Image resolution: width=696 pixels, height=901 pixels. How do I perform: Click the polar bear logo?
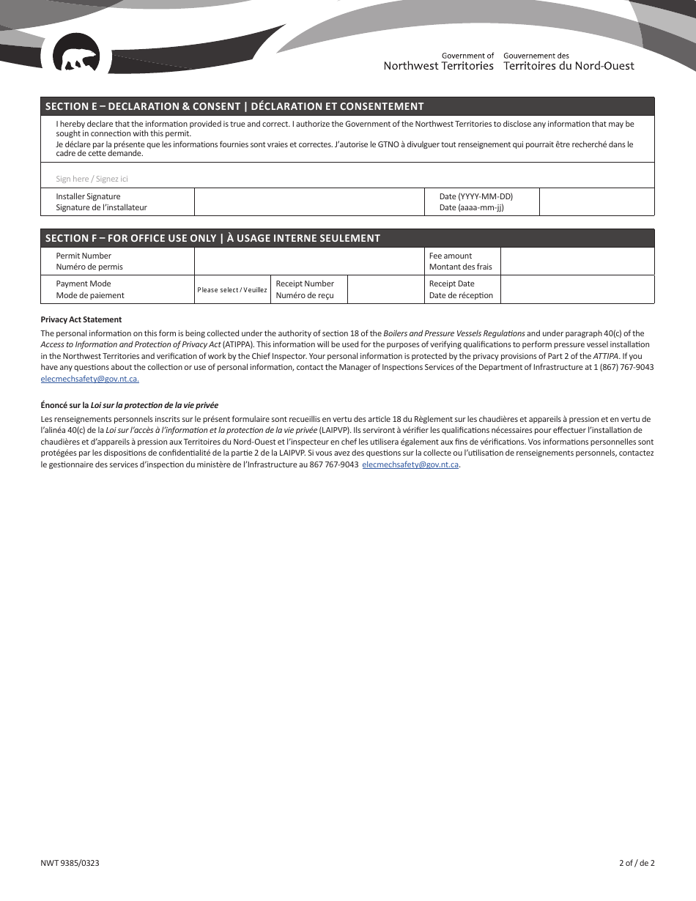click(76, 59)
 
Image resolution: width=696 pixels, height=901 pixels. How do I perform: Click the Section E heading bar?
click(347, 106)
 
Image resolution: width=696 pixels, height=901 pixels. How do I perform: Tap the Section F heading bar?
click(347, 238)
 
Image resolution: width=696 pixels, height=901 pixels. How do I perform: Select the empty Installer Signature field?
click(309, 202)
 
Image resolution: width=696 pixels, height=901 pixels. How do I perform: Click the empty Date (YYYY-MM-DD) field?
click(596, 202)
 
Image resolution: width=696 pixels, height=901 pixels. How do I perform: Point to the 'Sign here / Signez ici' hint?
click(92, 179)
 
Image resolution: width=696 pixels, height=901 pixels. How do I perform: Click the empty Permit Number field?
click(309, 262)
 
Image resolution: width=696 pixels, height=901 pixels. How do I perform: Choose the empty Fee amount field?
click(577, 262)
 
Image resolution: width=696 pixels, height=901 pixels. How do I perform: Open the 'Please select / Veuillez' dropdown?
click(232, 290)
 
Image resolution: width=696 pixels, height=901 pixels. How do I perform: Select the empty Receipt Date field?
click(577, 289)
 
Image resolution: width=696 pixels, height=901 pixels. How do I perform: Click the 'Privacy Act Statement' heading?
click(81, 319)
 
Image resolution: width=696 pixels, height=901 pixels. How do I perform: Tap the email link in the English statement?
click(89, 379)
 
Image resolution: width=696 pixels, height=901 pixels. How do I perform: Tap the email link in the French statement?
click(410, 464)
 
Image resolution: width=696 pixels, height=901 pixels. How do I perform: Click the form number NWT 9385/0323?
click(70, 863)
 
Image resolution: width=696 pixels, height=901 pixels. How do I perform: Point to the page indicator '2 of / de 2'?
click(637, 863)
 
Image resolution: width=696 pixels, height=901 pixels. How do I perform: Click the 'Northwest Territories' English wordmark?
click(439, 66)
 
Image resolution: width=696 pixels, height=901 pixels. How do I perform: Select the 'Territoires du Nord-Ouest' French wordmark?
click(569, 66)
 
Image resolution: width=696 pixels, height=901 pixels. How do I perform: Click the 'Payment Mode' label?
click(84, 284)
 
